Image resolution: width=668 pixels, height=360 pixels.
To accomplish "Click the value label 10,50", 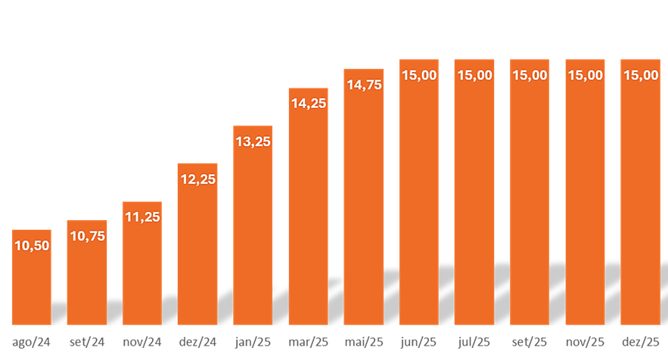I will click(32, 245).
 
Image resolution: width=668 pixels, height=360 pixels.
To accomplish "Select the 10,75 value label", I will click(87, 236).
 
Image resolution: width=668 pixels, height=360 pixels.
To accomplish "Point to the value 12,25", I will click(197, 178).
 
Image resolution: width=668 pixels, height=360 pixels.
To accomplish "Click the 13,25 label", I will click(253, 141).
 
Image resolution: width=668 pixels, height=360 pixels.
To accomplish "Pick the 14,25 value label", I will click(308, 104).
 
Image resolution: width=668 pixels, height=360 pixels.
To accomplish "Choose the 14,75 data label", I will click(364, 85).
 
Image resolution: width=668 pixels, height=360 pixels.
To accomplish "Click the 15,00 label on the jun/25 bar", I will click(419, 75).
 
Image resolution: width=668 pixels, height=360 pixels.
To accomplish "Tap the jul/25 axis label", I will click(474, 341).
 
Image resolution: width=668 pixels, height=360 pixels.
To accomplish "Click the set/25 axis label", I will click(530, 341).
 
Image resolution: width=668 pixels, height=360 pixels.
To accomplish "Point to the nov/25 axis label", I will click(585, 341).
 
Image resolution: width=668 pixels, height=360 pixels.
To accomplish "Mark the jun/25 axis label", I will click(419, 341).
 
